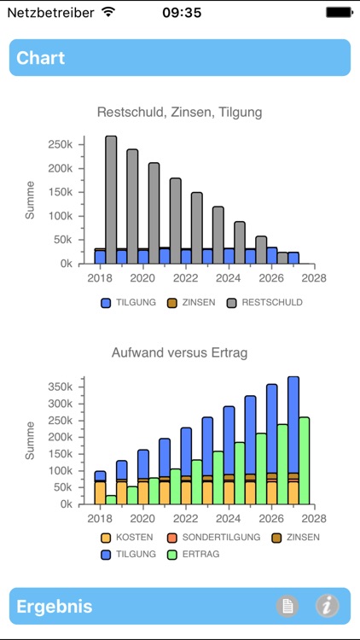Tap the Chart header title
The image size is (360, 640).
[41, 58]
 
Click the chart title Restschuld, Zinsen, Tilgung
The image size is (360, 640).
[180, 112]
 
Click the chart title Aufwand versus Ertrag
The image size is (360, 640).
[179, 352]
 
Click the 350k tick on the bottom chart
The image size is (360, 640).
[62, 386]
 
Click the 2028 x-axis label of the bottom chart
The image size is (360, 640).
[314, 517]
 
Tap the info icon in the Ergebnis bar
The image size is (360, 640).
[328, 607]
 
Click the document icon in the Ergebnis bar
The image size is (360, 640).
[288, 607]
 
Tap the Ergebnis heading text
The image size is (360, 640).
[55, 607]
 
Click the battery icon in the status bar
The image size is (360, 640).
[339, 12]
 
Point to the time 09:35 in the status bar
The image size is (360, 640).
[181, 12]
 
